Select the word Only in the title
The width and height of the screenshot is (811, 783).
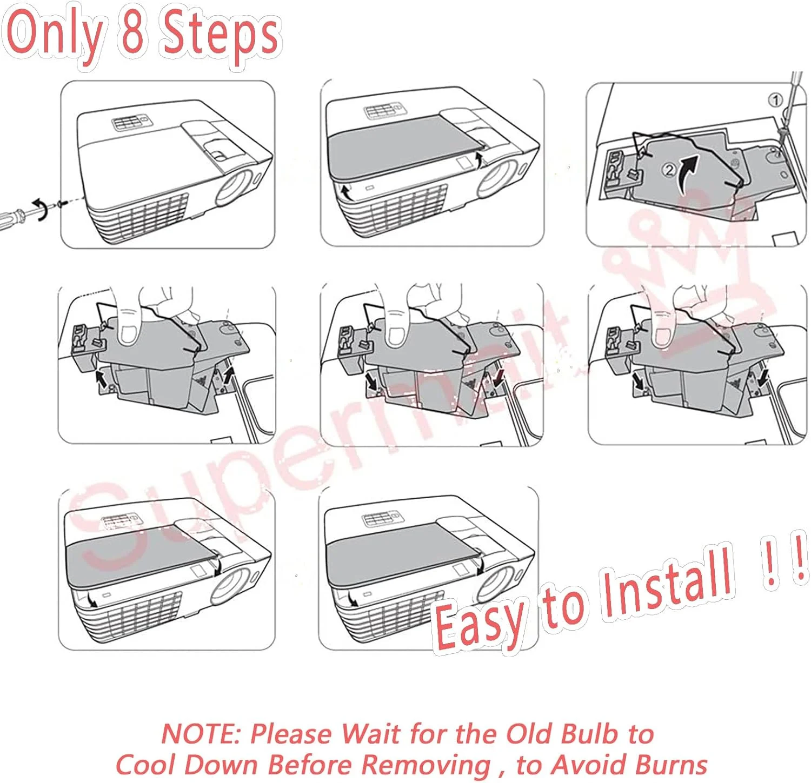click(x=54, y=34)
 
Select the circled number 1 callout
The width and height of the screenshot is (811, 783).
click(x=775, y=100)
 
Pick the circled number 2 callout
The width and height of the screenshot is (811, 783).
click(x=669, y=170)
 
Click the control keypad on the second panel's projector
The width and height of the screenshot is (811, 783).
click(x=382, y=112)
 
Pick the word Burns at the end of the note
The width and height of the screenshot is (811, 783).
click(x=671, y=764)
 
